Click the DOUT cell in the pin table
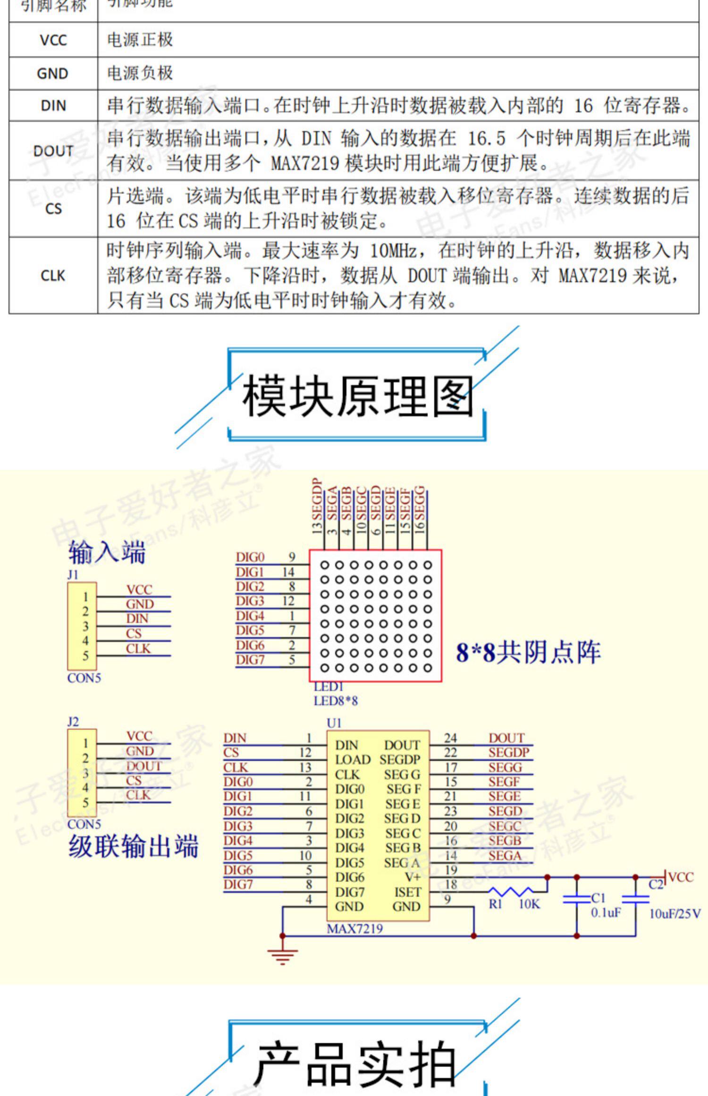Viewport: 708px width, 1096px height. [x=53, y=151]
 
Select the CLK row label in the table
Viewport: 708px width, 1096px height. [x=53, y=275]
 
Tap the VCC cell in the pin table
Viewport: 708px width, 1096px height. [x=53, y=40]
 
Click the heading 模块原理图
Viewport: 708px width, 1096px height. [x=357, y=396]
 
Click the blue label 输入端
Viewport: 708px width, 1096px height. [x=107, y=552]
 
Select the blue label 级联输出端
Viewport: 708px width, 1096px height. [x=133, y=845]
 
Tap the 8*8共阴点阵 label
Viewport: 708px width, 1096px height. [x=528, y=652]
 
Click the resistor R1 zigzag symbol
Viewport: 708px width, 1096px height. [x=511, y=891]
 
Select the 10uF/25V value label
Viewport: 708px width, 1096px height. [x=674, y=914]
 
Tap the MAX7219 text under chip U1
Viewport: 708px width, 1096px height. [x=355, y=928]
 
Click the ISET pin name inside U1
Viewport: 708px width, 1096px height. [x=407, y=892]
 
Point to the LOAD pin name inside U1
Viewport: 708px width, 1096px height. [x=353, y=760]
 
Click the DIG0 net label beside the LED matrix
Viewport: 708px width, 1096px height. [x=250, y=557]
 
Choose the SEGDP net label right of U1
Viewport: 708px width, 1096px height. [x=508, y=752]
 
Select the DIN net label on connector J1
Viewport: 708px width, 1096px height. [x=137, y=618]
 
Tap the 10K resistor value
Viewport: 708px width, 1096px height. [x=529, y=904]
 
